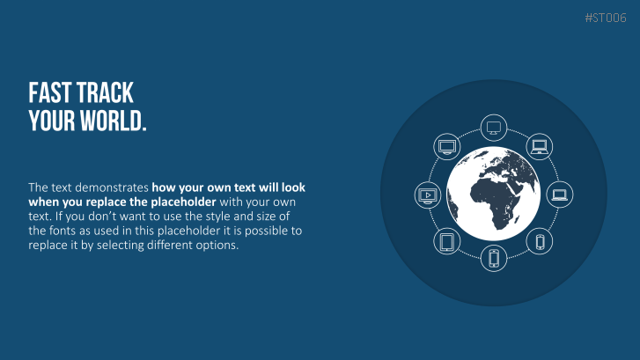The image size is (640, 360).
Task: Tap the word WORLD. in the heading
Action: pyautogui.click(x=114, y=121)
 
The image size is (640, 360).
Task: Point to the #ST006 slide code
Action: pyautogui.click(x=606, y=18)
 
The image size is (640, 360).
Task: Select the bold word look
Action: pyautogui.click(x=293, y=187)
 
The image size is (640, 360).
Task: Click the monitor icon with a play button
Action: pyautogui.click(x=428, y=195)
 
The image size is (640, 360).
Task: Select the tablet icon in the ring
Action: pyautogui.click(x=447, y=241)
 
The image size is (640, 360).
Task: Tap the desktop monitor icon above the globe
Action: pyautogui.click(x=494, y=128)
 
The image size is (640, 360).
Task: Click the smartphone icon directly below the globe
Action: pyautogui.click(x=494, y=258)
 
